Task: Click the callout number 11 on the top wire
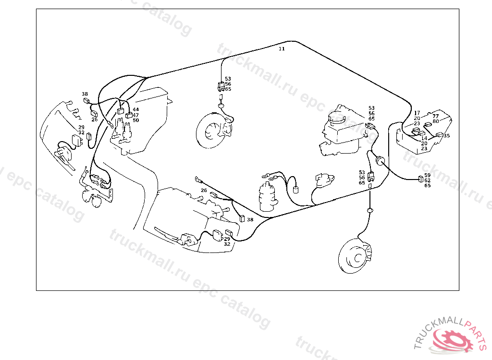click(282, 49)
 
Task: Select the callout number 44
click(135, 109)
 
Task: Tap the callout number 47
click(135, 115)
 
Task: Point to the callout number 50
click(135, 120)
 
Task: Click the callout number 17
click(417, 113)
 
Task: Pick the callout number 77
click(435, 116)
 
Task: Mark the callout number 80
click(435, 121)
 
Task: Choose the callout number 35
click(446, 136)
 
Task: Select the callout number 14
click(424, 138)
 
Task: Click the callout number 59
click(427, 175)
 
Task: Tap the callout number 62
click(427, 180)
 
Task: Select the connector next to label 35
click(439, 135)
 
